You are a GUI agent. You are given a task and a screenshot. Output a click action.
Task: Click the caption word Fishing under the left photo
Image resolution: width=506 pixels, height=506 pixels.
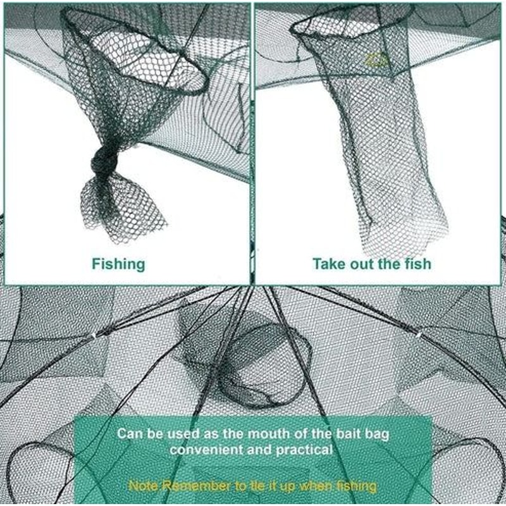(x=118, y=264)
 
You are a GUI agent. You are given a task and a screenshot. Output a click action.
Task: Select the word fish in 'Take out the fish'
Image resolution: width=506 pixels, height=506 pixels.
(x=416, y=264)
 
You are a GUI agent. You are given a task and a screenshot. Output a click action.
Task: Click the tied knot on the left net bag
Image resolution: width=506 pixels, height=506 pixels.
(x=104, y=163)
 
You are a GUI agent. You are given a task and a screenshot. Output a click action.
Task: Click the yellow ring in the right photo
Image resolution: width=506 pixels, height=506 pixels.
(x=376, y=60)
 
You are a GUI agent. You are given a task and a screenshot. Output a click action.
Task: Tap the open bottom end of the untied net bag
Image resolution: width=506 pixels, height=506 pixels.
(x=405, y=237)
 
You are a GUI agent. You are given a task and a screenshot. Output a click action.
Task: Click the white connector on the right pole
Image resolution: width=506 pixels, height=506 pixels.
(x=418, y=331)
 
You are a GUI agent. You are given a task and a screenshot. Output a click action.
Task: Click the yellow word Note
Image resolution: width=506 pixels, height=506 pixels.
(x=143, y=486)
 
